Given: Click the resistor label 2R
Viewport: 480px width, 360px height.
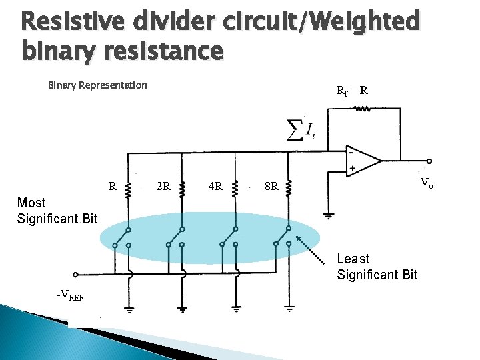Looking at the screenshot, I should point(163,186).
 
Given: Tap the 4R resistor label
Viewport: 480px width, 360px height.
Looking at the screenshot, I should point(215,186).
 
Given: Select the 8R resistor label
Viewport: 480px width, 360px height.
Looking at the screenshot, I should point(271,186).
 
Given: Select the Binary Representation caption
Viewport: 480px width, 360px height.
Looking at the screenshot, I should point(97,85).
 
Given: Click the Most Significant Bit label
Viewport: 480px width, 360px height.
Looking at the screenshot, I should point(57,210).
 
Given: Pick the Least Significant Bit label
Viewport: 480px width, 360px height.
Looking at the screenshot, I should point(377,266).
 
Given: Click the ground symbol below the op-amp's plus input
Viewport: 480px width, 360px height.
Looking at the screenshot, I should point(327,216).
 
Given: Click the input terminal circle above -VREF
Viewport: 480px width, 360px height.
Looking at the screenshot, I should point(75,273).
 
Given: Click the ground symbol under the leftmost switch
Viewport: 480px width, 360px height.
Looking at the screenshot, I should point(129,309).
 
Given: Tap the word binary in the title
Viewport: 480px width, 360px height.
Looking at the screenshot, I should point(58,50).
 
